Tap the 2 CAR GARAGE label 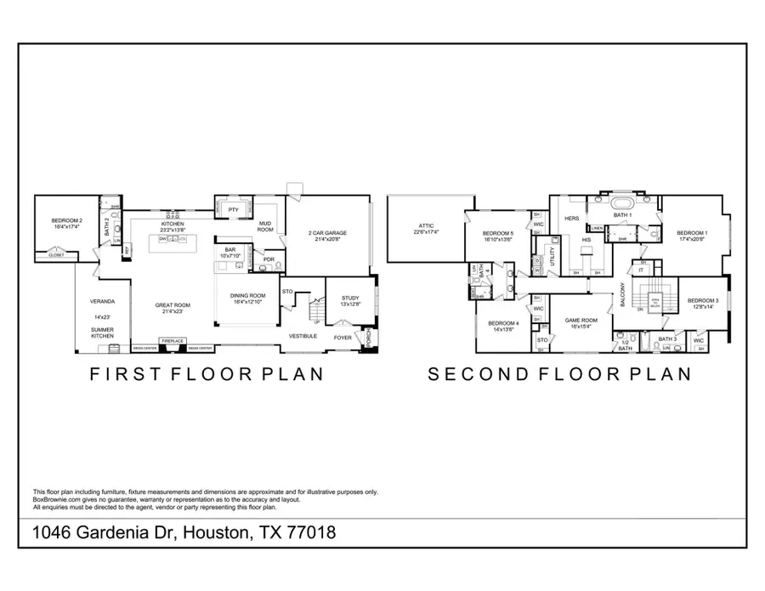tap(326, 233)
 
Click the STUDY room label tap(350, 298)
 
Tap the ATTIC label tap(426, 226)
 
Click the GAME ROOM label tap(581, 321)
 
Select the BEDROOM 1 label tap(692, 233)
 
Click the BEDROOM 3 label tap(703, 301)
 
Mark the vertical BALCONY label tap(623, 294)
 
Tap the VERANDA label tap(103, 301)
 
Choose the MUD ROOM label tap(266, 227)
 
